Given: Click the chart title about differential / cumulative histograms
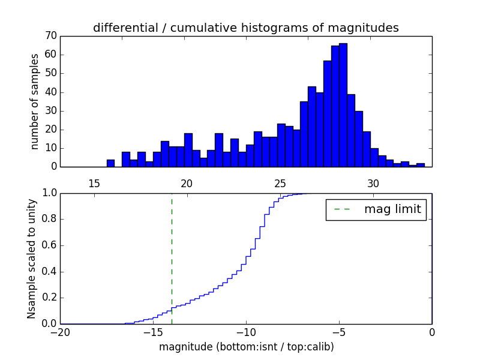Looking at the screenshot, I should [245, 28].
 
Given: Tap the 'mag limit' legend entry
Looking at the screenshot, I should [376, 209].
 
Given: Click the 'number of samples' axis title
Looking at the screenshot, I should [35, 101].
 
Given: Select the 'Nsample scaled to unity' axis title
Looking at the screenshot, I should [31, 259].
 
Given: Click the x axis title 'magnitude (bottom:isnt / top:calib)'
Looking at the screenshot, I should [246, 347].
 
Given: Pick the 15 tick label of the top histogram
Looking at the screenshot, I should [94, 183].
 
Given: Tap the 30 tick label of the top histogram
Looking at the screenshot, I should [373, 183].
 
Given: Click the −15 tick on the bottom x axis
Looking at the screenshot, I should [153, 332].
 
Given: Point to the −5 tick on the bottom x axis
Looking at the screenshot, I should [339, 332].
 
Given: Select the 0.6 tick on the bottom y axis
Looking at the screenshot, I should [49, 245].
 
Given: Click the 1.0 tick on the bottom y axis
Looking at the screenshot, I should [49, 193].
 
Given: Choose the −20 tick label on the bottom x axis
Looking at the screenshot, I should [60, 332].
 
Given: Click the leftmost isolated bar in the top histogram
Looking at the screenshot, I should [110, 163].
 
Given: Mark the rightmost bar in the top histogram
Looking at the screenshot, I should [421, 165].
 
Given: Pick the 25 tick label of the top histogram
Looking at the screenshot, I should [280, 183].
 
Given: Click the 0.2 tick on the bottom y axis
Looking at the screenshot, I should [49, 298].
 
